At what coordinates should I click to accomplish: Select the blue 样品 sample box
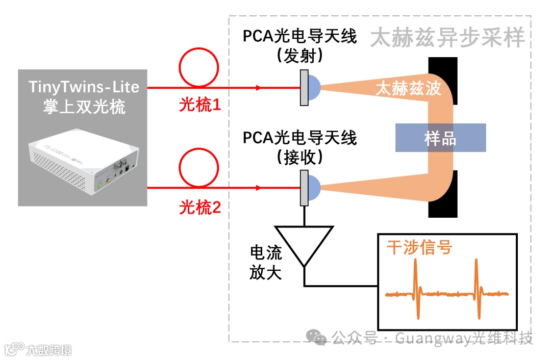[x=440, y=138]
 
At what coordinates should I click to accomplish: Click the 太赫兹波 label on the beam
[x=408, y=88]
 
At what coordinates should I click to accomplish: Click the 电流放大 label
[x=265, y=263]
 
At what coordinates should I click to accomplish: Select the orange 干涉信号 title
[x=419, y=248]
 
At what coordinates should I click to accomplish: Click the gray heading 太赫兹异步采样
[x=447, y=38]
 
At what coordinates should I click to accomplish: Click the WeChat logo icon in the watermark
[x=319, y=337]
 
